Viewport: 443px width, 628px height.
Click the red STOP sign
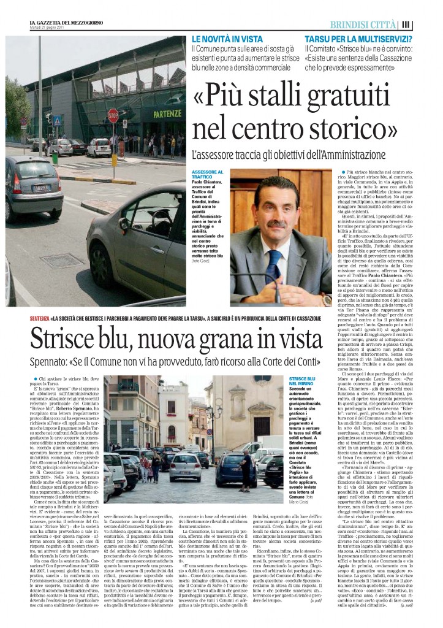113,115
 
